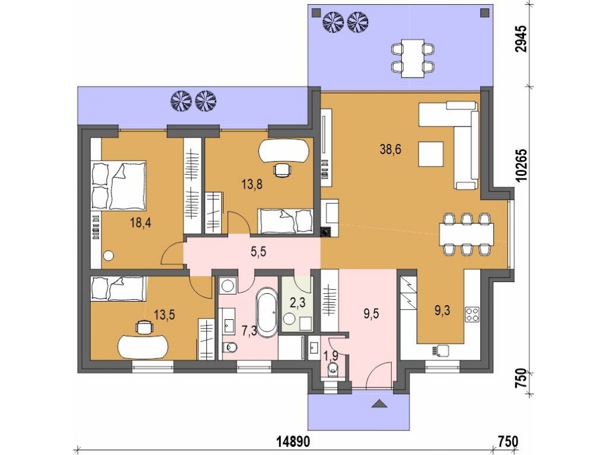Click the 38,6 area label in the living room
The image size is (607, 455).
coord(390,150)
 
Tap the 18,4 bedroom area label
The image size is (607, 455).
coord(140,223)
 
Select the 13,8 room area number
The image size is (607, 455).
coord(252,185)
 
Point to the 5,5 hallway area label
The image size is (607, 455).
coord(258,252)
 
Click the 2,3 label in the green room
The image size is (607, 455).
coord(298,303)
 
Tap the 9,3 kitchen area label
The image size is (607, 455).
coord(442,310)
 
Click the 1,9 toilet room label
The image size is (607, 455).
coord(330,355)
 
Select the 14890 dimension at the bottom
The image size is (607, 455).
coord(293,441)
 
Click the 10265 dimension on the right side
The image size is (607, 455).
coord(522,165)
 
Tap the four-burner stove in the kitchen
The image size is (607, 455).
coord(472,314)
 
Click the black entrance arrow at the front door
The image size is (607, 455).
coord(379,404)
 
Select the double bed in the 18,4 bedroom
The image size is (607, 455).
coord(119,185)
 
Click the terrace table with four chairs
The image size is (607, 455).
coord(413,58)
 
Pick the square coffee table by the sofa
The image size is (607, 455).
coord(430,154)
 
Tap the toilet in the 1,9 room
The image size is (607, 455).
coord(333,369)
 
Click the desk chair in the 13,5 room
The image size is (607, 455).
coord(143,326)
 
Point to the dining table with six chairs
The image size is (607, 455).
coord(467,235)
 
